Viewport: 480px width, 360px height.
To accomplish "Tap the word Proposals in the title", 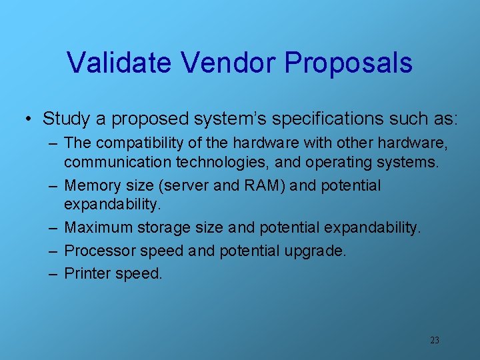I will (x=349, y=63).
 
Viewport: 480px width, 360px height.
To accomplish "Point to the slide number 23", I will (x=435, y=340).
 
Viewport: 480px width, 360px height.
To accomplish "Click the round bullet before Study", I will (x=29, y=119).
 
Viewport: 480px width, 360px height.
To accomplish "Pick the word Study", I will (x=65, y=119).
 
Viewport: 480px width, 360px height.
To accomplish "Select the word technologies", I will (x=208, y=161).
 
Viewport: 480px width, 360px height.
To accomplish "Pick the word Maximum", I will (x=99, y=228).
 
